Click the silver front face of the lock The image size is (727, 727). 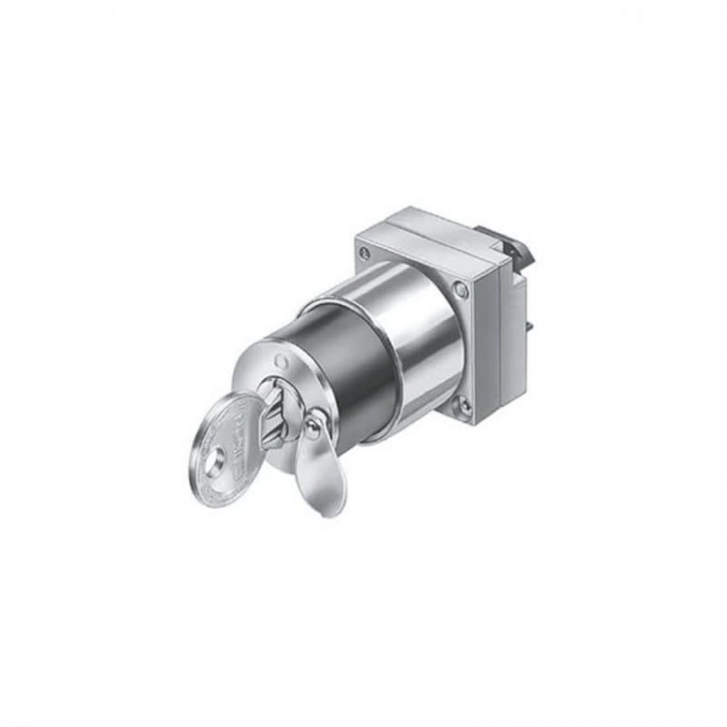pos(291,383)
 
